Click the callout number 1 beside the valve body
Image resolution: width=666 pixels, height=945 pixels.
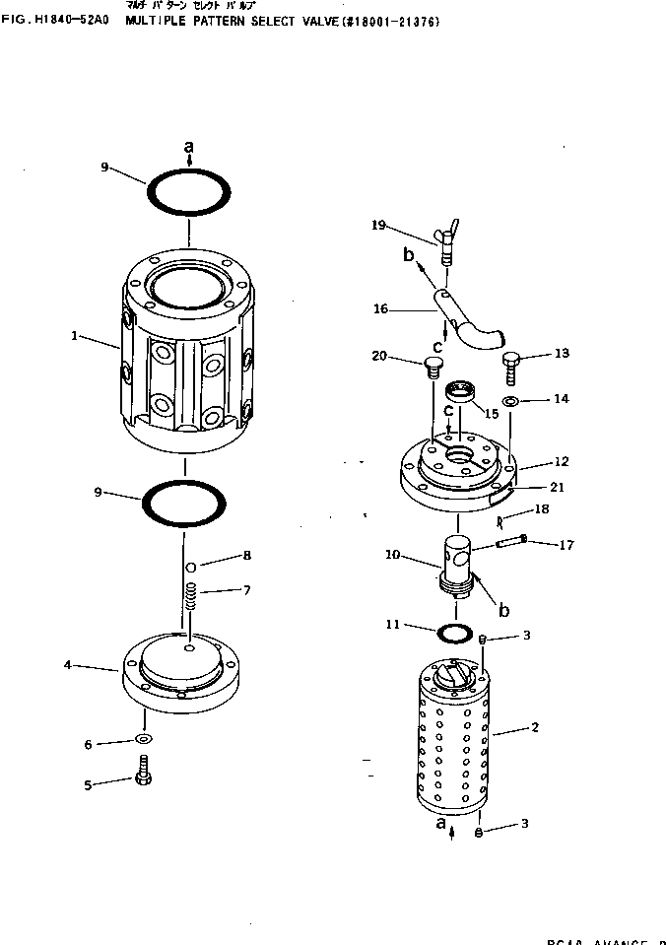point(75,336)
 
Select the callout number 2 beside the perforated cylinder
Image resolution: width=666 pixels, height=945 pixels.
point(535,728)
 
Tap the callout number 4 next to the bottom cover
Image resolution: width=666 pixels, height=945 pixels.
point(67,665)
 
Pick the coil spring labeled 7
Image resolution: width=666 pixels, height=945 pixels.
point(191,597)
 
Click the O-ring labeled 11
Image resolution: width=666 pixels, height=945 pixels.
point(453,631)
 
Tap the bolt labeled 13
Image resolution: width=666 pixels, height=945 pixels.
point(510,370)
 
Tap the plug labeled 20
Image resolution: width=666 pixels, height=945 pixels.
point(430,370)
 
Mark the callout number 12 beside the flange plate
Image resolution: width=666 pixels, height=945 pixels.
point(535,461)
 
